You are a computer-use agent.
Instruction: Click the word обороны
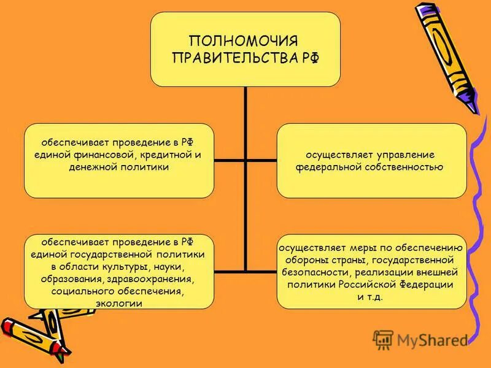point(309,261)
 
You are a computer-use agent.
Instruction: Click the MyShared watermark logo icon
point(383,339)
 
